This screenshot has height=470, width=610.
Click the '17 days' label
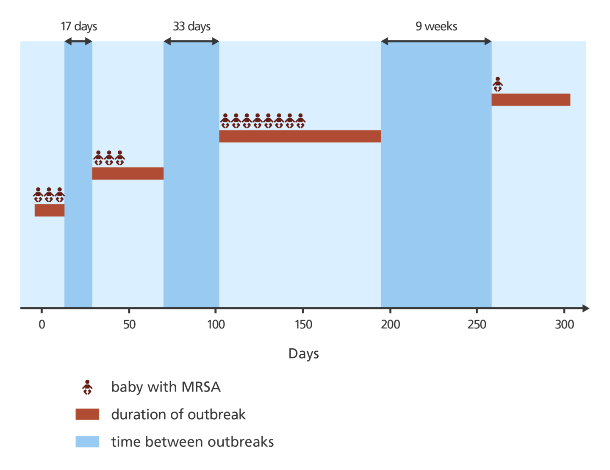79,26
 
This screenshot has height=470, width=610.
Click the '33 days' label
191,26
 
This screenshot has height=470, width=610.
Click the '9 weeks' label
436,26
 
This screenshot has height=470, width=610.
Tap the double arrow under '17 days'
78,41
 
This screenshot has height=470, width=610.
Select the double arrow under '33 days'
191,41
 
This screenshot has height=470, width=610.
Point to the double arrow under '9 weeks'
436,41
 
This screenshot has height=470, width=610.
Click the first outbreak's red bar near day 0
50,210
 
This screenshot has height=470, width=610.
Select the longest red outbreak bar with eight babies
300,136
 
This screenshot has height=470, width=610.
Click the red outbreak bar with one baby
531,100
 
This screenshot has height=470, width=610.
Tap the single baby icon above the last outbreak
498,84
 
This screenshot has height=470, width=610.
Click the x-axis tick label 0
42,325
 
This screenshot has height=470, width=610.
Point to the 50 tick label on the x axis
129,325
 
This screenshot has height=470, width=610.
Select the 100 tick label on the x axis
216,325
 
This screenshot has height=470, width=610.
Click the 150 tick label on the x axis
303,325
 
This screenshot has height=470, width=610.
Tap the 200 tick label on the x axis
390,325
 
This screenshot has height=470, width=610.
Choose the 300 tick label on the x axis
564,325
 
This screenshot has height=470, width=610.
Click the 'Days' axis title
303,353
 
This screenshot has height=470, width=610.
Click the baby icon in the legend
87,387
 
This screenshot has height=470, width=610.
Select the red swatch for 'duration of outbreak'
87,414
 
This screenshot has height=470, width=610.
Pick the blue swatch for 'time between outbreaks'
87,442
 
